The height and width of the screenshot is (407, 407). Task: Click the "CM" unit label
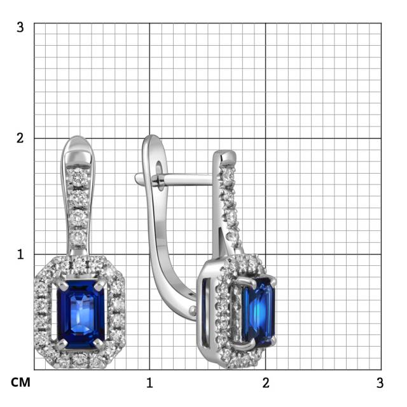tap(20, 383)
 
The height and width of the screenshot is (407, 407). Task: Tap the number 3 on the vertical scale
tap(20, 28)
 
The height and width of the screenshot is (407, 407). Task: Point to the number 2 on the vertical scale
tap(20, 138)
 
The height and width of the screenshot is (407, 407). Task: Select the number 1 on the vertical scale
tap(20, 254)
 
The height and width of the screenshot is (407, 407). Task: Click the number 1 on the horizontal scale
tap(149, 383)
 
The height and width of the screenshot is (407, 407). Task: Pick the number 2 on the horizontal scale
tap(266, 383)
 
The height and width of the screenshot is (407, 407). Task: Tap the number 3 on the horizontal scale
tap(380, 383)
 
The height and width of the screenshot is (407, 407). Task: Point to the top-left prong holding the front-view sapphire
tap(59, 282)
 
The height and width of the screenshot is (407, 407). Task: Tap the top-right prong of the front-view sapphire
tap(99, 282)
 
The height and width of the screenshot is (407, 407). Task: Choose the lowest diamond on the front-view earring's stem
tap(78, 237)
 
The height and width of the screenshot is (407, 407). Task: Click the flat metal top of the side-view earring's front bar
tap(224, 155)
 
